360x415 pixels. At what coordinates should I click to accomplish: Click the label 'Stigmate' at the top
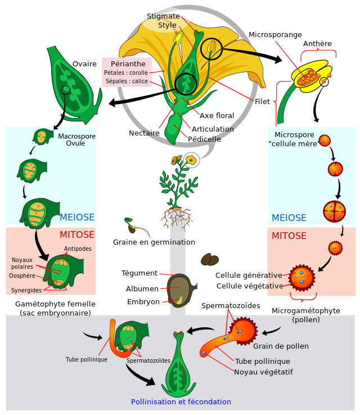point(163,16)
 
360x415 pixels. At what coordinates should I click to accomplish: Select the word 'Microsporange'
point(275,35)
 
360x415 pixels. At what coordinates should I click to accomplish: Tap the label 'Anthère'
point(317,44)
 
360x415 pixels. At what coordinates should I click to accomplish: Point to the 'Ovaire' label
point(84,64)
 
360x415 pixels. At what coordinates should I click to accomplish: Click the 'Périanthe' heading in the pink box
point(127,64)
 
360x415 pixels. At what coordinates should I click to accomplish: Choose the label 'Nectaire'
point(144,133)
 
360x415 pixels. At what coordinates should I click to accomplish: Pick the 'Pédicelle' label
point(204,139)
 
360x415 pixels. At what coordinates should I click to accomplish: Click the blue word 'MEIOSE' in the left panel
point(77,218)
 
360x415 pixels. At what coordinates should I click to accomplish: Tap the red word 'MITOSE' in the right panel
point(289,236)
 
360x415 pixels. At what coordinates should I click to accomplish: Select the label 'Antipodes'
point(78,249)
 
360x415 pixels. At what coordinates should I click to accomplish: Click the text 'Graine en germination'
point(154,242)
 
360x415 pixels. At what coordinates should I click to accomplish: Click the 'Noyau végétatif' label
point(263,372)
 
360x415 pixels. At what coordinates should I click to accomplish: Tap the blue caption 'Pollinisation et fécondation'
point(181,402)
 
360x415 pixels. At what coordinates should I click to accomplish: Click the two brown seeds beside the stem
point(210,260)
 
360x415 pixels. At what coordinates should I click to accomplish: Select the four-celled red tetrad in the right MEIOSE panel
point(334,211)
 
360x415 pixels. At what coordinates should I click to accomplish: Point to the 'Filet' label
point(262,102)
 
